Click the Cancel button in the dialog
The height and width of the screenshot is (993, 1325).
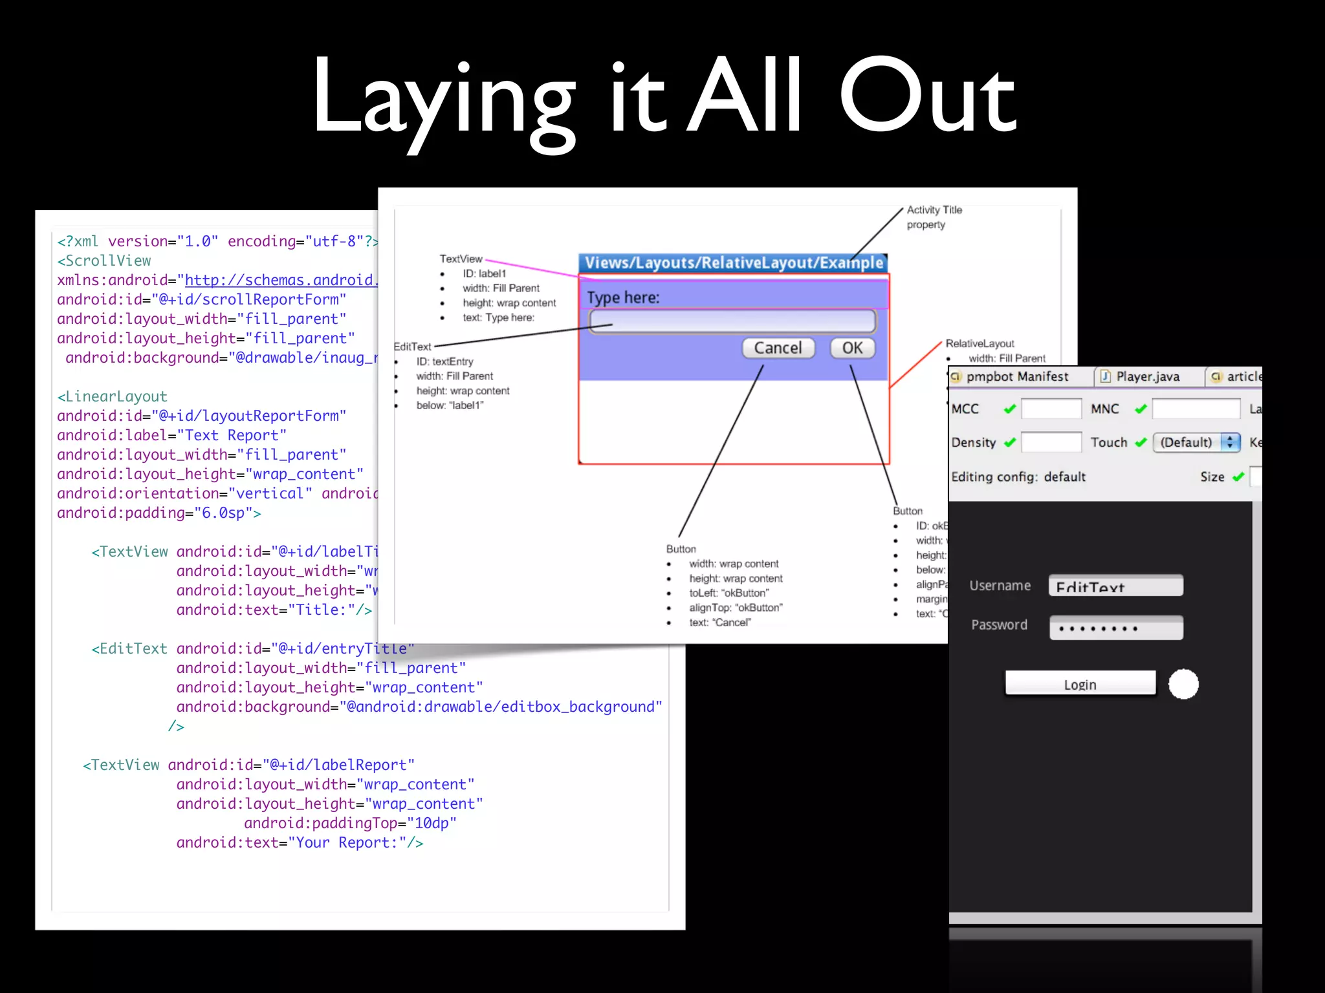click(778, 348)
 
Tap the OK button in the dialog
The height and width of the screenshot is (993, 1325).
click(852, 348)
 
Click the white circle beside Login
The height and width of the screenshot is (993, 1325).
click(1183, 684)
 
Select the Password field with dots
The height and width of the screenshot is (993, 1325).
click(1116, 627)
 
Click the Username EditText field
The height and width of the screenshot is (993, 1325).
click(1116, 586)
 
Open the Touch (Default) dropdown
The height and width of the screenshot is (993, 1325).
click(1196, 442)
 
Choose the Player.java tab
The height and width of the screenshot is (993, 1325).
click(1147, 376)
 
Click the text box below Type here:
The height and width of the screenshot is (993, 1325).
click(732, 321)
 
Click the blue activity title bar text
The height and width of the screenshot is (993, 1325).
click(733, 262)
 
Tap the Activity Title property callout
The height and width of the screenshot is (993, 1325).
click(934, 217)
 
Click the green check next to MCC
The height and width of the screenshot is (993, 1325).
click(1009, 409)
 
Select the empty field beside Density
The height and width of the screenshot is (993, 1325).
click(1051, 442)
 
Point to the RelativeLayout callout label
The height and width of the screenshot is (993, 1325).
click(980, 343)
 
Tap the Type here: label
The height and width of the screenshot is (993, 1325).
click(623, 297)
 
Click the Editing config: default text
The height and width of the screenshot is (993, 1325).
click(1018, 477)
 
